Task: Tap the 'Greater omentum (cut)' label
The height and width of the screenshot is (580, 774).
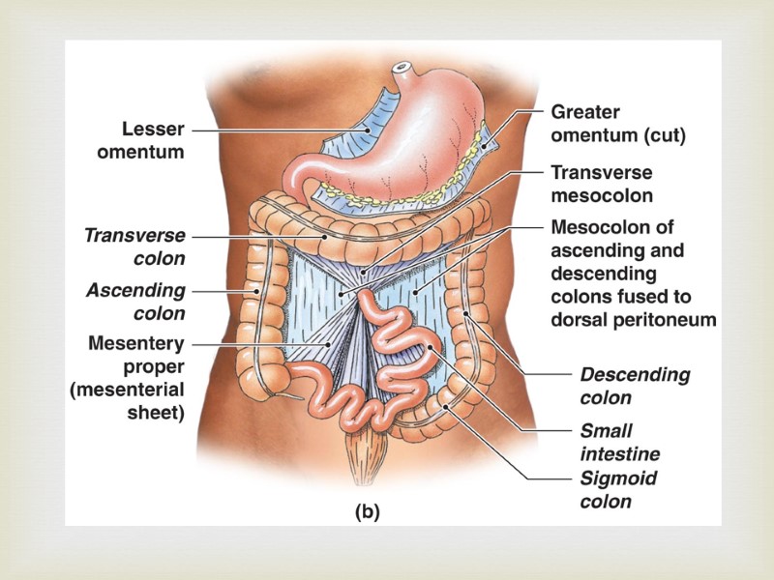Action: point(617,125)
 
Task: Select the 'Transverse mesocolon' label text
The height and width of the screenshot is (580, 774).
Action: point(601,185)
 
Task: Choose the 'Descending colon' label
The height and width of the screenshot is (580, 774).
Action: point(635,386)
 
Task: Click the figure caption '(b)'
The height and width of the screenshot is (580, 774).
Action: point(367,513)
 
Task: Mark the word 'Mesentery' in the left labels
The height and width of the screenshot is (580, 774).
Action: point(135,342)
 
